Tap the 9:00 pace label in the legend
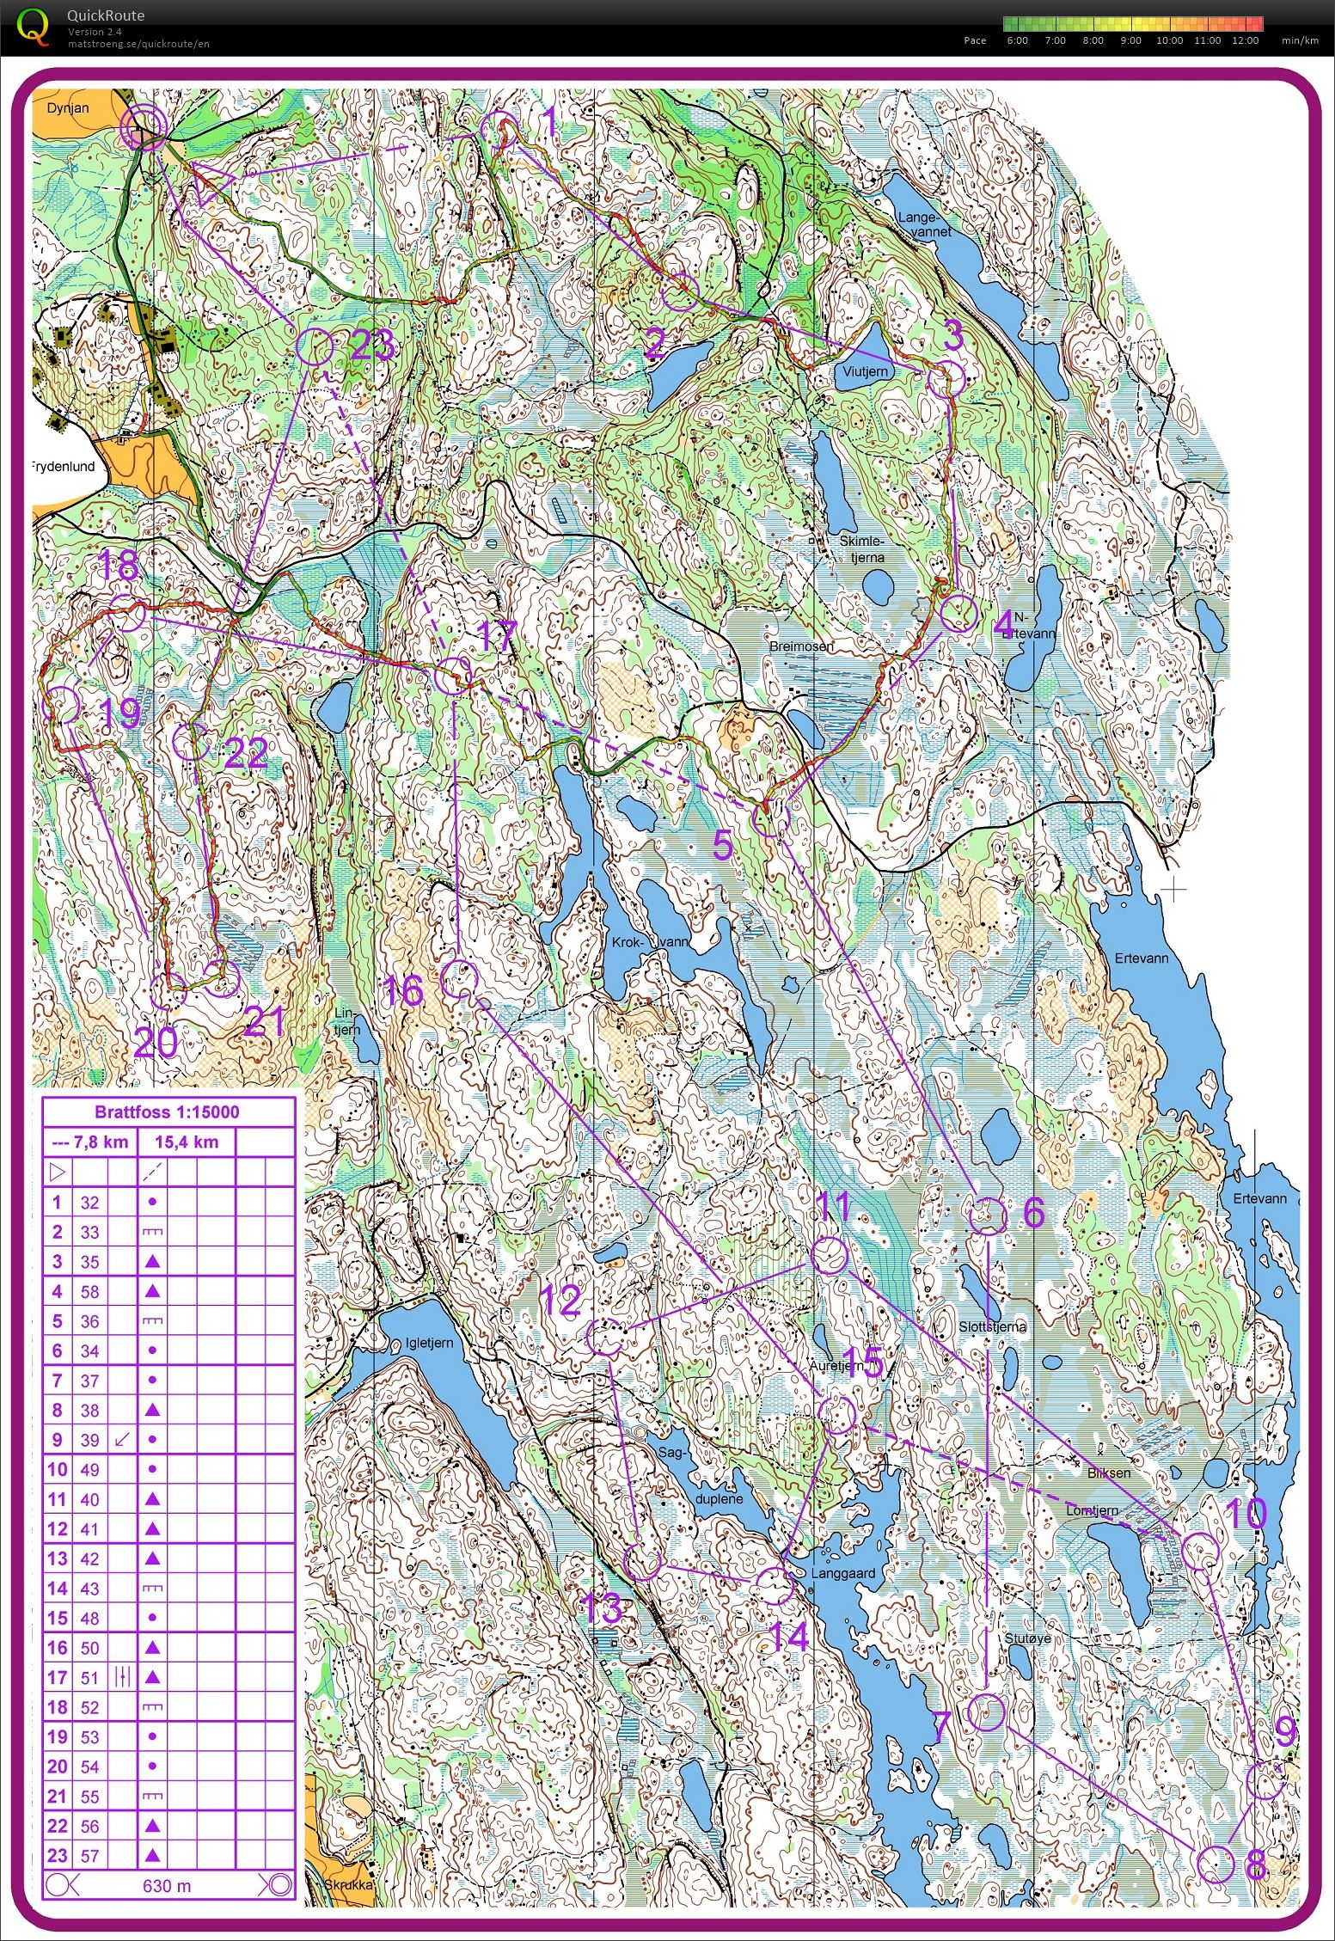[1131, 40]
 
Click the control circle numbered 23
[314, 347]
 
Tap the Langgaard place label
[847, 1574]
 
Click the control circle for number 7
[985, 1713]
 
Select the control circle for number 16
[458, 979]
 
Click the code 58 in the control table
[89, 1292]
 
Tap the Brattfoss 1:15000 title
[168, 1112]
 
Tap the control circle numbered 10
[1200, 1548]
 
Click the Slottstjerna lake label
[993, 1327]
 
